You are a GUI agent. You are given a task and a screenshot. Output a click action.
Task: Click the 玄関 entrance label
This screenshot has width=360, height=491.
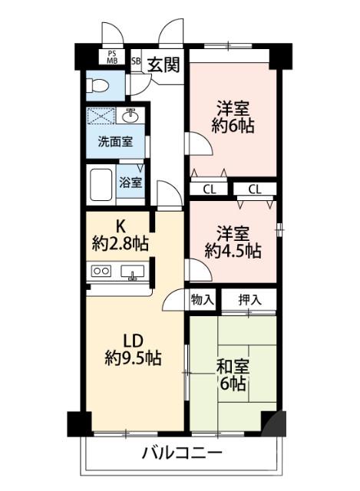(163, 64)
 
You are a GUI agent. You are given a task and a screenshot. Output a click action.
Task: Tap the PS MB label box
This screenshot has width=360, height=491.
(112, 57)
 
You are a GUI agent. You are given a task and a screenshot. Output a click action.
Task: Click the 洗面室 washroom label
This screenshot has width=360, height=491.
(113, 142)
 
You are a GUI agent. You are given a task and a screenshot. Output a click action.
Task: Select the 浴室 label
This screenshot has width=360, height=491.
(130, 183)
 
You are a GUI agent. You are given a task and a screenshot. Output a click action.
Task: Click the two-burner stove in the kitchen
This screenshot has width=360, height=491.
(101, 271)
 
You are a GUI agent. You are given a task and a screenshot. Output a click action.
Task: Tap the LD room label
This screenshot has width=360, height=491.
(132, 340)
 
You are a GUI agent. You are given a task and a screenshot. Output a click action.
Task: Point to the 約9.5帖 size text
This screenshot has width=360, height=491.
(132, 358)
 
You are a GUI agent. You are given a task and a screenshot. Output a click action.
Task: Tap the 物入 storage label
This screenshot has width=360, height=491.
(202, 300)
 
